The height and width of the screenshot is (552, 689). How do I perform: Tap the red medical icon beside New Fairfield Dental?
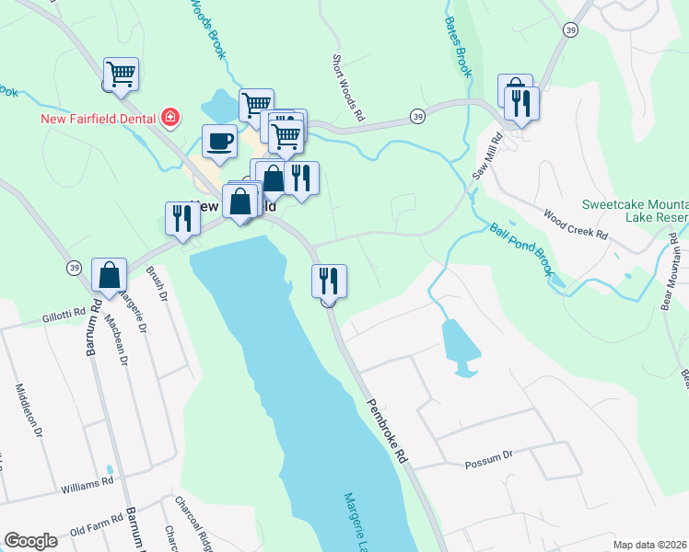point(169,117)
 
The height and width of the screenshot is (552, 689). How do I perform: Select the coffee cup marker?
point(218,142)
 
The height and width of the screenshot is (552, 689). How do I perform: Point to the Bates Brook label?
point(458,47)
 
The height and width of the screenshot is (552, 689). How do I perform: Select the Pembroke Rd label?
point(387,431)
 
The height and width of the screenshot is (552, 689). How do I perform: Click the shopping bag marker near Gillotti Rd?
point(110,275)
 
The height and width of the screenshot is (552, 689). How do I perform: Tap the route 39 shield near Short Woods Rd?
point(418,116)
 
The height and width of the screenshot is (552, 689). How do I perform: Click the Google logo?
point(30,541)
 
